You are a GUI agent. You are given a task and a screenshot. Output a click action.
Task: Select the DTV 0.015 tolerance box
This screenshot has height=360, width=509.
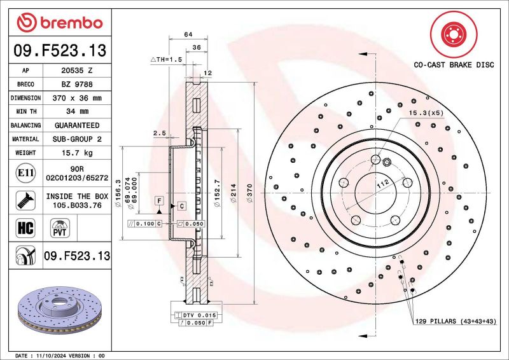click(200, 315)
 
